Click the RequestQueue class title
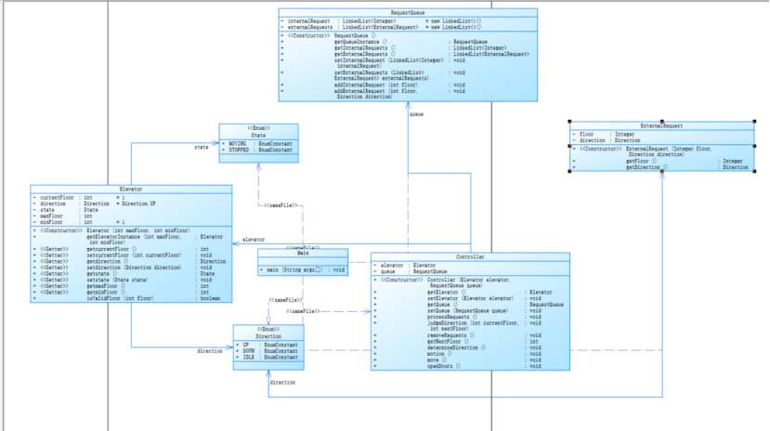pos(408,12)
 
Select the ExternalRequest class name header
pos(661,124)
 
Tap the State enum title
pos(259,135)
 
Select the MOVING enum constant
pos(238,144)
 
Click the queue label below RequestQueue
pos(416,114)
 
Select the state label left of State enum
pos(201,147)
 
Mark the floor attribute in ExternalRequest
pos(589,134)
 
